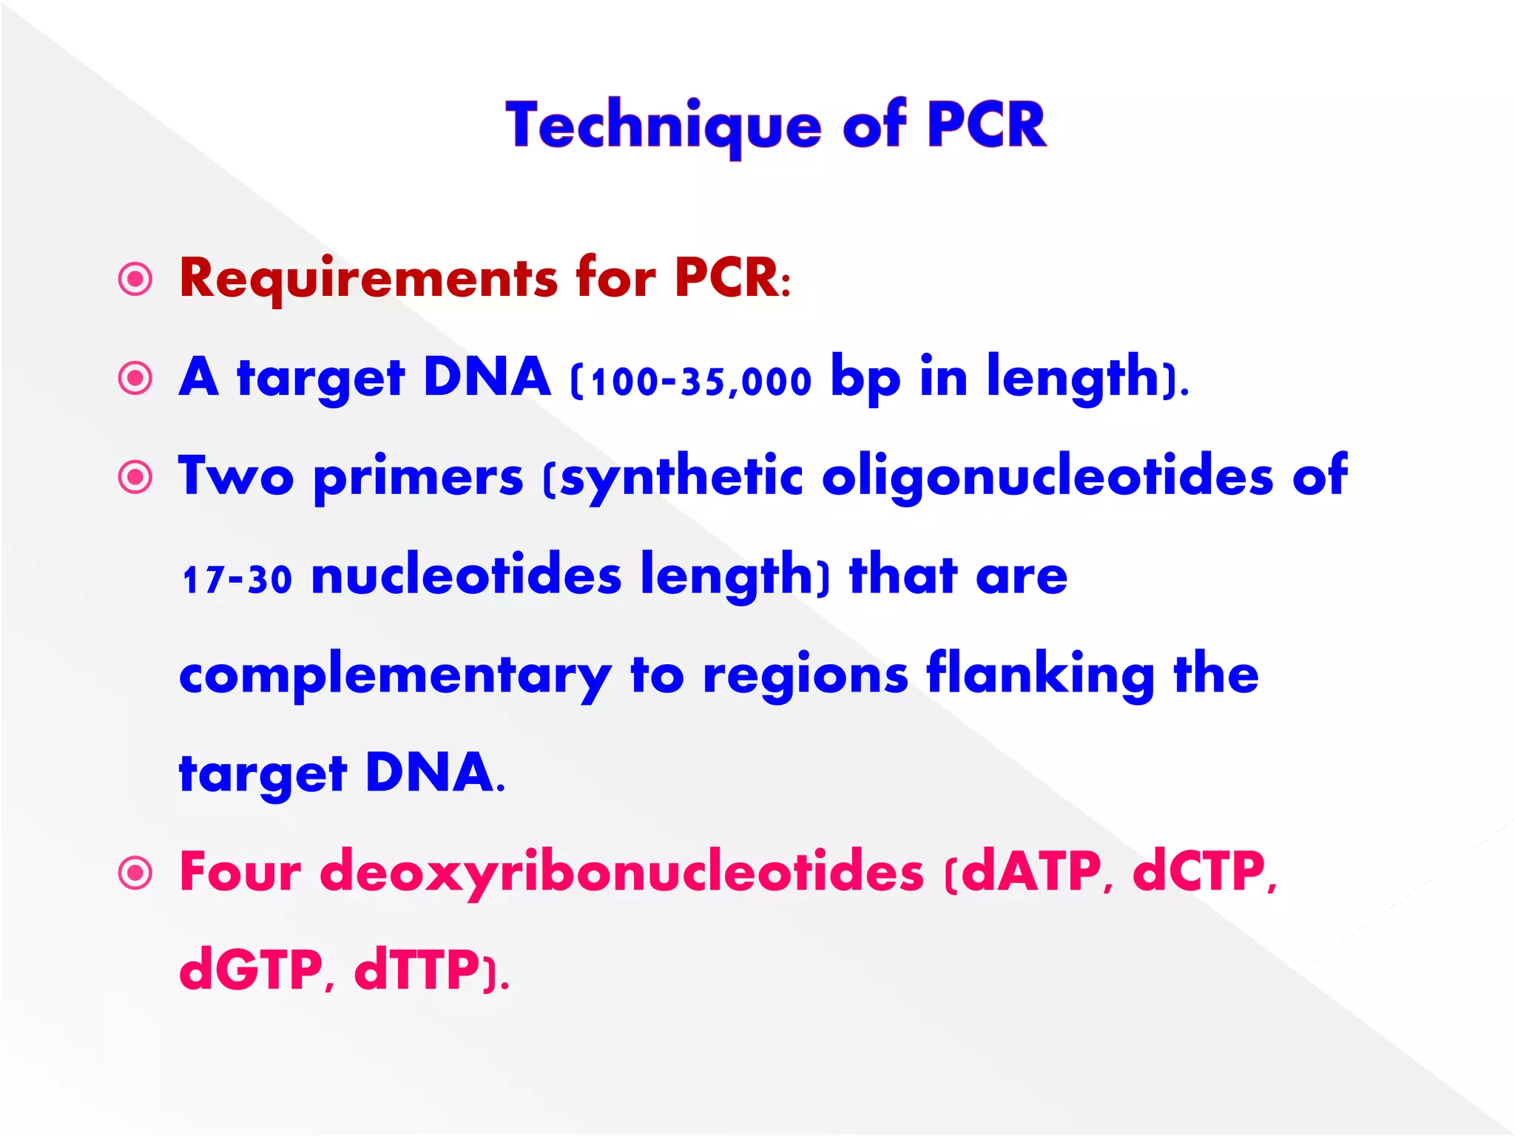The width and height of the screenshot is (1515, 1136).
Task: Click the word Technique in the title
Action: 664,126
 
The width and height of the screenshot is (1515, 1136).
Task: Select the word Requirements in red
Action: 368,279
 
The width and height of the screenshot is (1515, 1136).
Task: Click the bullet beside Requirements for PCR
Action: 135,280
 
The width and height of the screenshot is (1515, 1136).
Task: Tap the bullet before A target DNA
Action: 135,379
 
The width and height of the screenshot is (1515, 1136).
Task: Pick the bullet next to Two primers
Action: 135,478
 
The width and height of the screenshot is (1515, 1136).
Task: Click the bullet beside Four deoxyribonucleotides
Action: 135,873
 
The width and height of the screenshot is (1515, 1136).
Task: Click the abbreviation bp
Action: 866,379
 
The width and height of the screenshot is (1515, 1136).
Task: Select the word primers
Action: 419,478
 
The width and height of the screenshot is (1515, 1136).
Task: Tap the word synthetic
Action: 681,478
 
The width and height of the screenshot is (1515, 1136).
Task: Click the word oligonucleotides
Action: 1047,476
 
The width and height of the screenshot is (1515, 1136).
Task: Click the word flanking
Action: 1040,674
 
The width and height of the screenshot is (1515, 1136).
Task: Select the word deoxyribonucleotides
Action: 622,873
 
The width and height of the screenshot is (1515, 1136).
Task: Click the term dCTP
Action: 1198,872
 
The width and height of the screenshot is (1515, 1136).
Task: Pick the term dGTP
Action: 251,970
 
